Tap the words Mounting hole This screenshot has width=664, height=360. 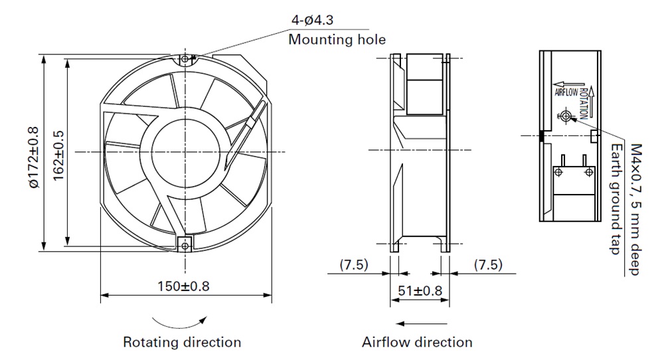click(337, 40)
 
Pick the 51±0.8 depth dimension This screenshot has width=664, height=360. click(419, 290)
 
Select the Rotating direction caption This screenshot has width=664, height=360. click(182, 343)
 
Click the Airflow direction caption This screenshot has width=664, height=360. click(417, 343)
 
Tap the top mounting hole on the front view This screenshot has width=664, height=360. click(185, 60)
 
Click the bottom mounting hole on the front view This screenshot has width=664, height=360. click(185, 244)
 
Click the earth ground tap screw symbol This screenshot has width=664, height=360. click(566, 116)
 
